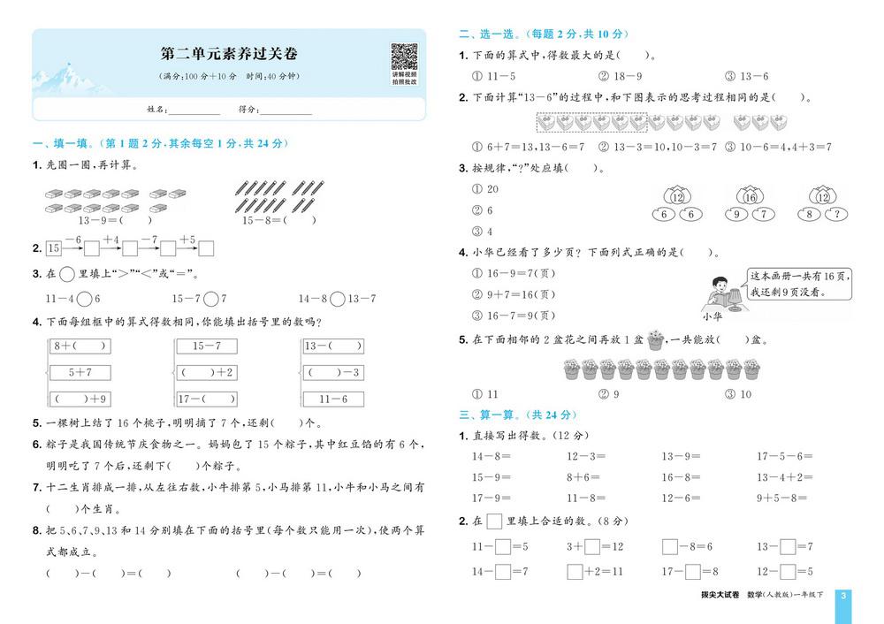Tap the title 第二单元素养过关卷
tap(228, 54)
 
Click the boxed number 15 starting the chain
tap(54, 248)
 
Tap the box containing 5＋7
tap(80, 372)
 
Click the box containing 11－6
tap(333, 399)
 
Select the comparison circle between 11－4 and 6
tap(84, 299)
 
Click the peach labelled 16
tap(750, 196)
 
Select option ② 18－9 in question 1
tap(615, 77)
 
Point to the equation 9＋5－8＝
tap(781, 498)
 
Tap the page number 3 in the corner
tap(843, 597)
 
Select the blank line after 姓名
tap(194, 110)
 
